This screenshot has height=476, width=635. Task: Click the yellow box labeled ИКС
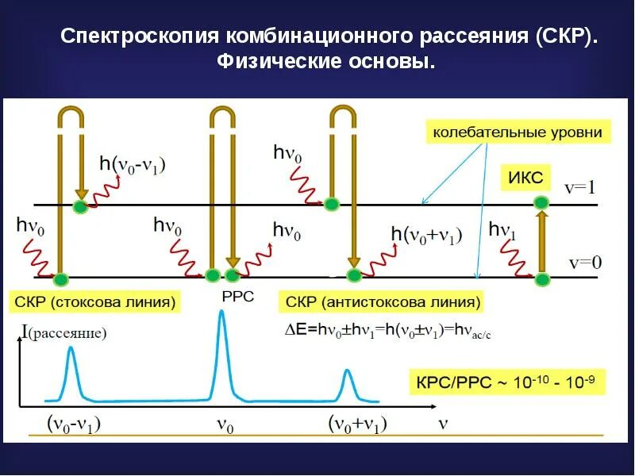click(526, 178)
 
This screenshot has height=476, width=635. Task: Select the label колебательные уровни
click(517, 132)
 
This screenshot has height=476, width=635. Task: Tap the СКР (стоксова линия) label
click(94, 302)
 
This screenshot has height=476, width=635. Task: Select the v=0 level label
click(585, 263)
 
